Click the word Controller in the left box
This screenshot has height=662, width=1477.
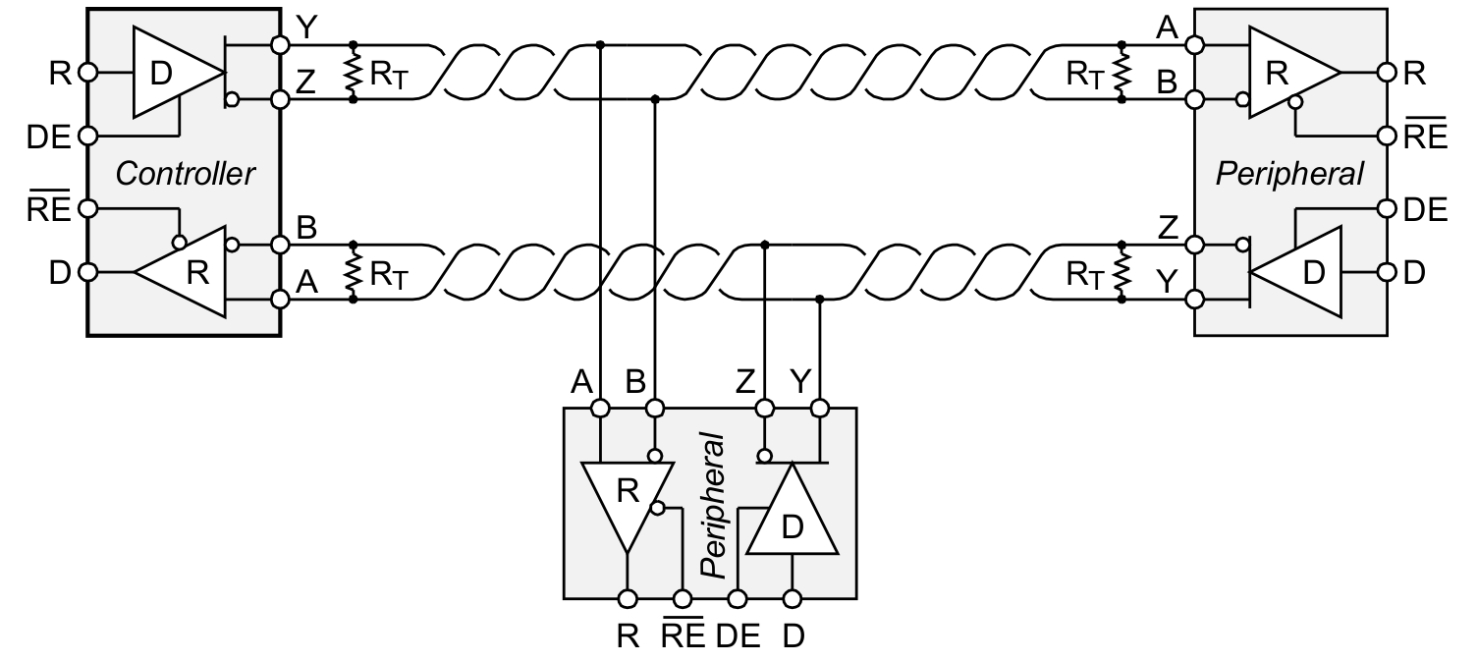click(x=185, y=174)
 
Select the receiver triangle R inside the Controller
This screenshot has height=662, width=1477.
click(x=191, y=271)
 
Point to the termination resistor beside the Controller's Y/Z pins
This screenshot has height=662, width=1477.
click(x=353, y=72)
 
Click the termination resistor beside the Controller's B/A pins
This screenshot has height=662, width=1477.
click(x=353, y=270)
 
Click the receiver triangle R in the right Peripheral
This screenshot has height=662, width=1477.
click(x=1284, y=73)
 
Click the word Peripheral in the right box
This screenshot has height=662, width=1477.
click(x=1289, y=174)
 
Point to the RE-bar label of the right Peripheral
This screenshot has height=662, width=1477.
click(x=1426, y=136)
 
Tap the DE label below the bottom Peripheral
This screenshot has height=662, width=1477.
click(x=738, y=635)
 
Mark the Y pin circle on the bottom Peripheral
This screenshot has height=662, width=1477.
click(x=820, y=407)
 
